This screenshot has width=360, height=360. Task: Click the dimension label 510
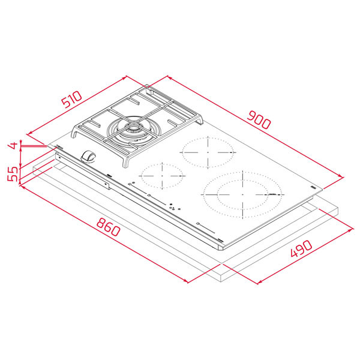[x=72, y=99]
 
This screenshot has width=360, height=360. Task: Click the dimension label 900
[x=259, y=119]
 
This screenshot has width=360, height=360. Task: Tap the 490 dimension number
[x=301, y=248]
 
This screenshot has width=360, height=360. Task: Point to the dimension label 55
[x=13, y=174]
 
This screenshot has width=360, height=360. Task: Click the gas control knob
[x=88, y=157]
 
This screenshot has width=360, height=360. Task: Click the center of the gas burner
[x=133, y=130]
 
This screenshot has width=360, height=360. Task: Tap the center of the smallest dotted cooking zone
[x=163, y=176]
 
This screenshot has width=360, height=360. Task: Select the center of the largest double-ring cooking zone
[x=242, y=194]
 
